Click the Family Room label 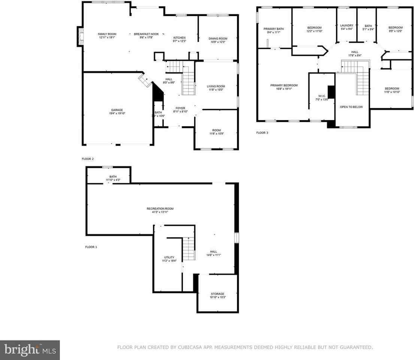coord(107,34)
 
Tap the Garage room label coord(117,110)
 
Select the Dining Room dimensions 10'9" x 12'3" coord(217,42)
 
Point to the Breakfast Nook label coord(146,34)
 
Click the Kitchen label coord(179,38)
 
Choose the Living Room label coord(216,86)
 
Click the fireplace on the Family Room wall coord(80,36)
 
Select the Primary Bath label coord(274,29)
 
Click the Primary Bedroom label coord(284,85)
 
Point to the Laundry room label coord(347,25)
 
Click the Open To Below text coord(351,107)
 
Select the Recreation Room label coord(160,208)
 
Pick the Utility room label coord(169,257)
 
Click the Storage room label coord(217,294)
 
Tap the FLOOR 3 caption coord(262,133)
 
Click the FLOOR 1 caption coord(91,247)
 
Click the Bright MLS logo coord(30,350)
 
